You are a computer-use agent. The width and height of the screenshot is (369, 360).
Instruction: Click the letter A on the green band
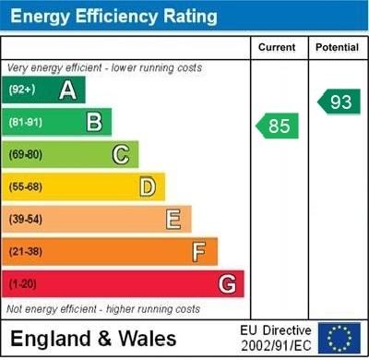pyautogui.click(x=67, y=90)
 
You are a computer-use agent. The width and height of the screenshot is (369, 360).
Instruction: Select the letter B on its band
pyautogui.click(x=94, y=122)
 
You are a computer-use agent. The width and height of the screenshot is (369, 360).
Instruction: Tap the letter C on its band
pyautogui.click(x=121, y=154)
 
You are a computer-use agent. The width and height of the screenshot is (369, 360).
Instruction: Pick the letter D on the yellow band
pyautogui.click(x=148, y=186)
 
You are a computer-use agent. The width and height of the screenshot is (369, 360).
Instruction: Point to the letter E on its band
pyautogui.click(x=173, y=219)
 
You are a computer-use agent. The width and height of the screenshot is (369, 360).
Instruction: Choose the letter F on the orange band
pyautogui.click(x=199, y=251)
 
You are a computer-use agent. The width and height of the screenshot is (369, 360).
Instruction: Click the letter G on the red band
pyautogui.click(x=227, y=283)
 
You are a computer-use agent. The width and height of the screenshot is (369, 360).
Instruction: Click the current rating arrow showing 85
pyautogui.click(x=278, y=126)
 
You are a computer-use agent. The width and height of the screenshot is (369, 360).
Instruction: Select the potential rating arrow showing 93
pyautogui.click(x=339, y=102)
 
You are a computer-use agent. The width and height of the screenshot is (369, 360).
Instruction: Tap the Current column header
pyautogui.click(x=277, y=47)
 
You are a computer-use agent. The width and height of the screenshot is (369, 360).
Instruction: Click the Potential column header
pyautogui.click(x=337, y=47)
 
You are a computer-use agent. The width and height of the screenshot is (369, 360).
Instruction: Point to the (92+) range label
pyautogui.click(x=21, y=90)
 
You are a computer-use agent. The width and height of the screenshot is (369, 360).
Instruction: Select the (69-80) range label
pyautogui.click(x=25, y=154)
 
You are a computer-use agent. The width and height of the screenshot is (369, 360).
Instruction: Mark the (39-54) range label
pyautogui.click(x=25, y=219)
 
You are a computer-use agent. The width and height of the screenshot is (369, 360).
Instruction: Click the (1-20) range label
pyautogui.click(x=22, y=283)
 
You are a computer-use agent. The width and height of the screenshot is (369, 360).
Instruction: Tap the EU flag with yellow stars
pyautogui.click(x=339, y=338)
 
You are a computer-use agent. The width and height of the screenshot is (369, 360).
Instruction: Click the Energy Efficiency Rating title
pyautogui.click(x=113, y=16)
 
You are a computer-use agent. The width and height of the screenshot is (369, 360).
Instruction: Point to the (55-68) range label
pyautogui.click(x=25, y=186)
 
